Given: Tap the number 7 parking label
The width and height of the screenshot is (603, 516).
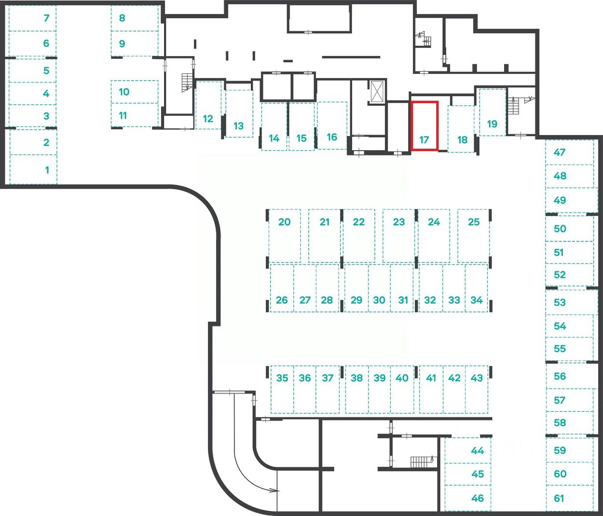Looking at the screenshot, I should [46, 18].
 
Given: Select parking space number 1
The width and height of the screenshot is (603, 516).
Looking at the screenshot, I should [47, 170].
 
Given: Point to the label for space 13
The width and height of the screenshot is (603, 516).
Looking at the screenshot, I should [238, 126].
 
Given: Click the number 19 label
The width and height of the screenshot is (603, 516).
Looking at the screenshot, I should [492, 124].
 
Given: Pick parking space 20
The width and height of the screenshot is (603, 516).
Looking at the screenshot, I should [285, 222].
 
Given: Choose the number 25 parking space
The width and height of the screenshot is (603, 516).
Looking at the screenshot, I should [474, 222].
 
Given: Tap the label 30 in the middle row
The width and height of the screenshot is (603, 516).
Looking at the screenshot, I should [379, 300].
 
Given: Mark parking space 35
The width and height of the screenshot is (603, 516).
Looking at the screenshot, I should [282, 378].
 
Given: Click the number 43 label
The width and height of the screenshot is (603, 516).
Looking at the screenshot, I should [477, 378].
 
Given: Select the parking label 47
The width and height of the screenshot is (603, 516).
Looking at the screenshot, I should [560, 153].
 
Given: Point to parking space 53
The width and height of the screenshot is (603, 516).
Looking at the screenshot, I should [560, 303].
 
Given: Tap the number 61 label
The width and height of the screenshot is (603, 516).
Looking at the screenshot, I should [559, 498].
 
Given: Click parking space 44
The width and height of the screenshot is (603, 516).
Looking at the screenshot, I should [477, 451].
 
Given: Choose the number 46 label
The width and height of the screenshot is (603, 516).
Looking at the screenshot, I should [477, 498].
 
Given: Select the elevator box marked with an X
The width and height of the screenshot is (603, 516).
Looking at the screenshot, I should [376, 91].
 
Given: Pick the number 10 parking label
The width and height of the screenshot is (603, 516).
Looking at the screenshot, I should [124, 92].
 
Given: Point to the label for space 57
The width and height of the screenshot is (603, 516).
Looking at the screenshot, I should [560, 400].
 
